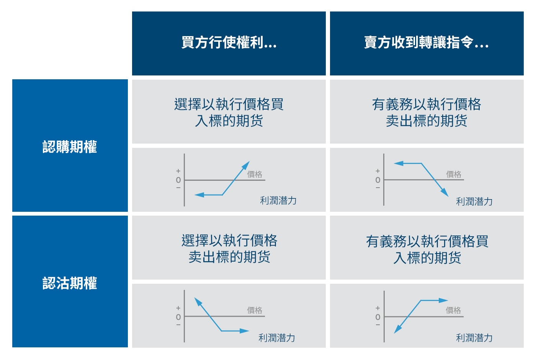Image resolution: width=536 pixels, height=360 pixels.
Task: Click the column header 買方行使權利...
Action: point(229,43)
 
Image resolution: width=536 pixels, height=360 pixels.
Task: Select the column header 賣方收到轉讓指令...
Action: point(426,43)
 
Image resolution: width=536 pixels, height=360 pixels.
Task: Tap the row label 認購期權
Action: point(70,147)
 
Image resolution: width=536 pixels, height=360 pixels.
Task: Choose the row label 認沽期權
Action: point(70,283)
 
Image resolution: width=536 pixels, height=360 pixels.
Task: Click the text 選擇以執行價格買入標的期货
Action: point(229,112)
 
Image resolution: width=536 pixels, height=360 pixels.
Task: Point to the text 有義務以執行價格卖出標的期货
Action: point(427,112)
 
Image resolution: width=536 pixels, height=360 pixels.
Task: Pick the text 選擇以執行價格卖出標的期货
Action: point(229,249)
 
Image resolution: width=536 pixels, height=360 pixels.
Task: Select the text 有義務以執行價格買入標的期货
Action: point(427,249)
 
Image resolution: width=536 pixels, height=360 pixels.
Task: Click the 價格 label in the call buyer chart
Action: point(255,174)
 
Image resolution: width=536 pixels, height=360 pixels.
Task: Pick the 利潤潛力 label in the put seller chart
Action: point(474,338)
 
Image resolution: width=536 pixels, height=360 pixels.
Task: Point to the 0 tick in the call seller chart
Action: point(378,180)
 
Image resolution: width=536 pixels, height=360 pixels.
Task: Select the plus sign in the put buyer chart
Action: point(178,308)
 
